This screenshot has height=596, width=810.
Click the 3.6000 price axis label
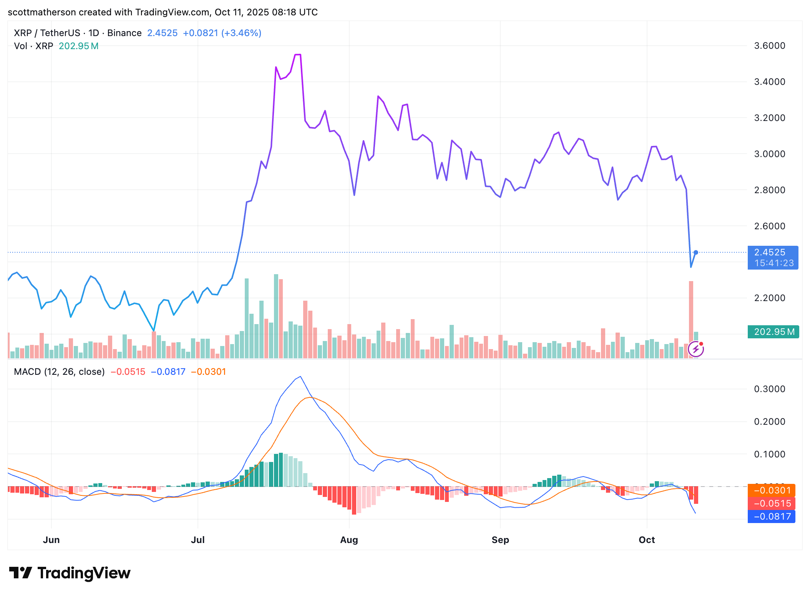pyautogui.click(x=769, y=46)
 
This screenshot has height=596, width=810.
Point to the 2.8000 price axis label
pyautogui.click(x=769, y=190)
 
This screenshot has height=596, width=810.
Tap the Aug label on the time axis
pyautogui.click(x=349, y=540)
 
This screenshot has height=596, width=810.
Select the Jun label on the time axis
pyautogui.click(x=51, y=540)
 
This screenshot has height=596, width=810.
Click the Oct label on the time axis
pyautogui.click(x=646, y=540)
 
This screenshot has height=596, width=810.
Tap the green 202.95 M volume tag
pyautogui.click(x=773, y=332)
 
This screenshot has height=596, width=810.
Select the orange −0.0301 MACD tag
pyautogui.click(x=771, y=490)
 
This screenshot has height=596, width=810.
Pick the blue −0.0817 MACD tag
pyautogui.click(x=771, y=517)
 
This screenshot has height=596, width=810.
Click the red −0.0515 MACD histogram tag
pyautogui.click(x=771, y=503)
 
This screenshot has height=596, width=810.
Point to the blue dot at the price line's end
pyautogui.click(x=695, y=252)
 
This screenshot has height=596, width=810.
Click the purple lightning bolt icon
pyautogui.click(x=695, y=349)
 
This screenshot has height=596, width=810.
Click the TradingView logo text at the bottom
pyautogui.click(x=84, y=573)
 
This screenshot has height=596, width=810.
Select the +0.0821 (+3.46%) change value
pyautogui.click(x=222, y=33)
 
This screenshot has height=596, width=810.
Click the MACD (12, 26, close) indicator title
pyautogui.click(x=59, y=372)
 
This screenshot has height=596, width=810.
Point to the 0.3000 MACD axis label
pyautogui.click(x=769, y=389)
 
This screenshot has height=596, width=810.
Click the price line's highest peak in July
pyautogui.click(x=298, y=55)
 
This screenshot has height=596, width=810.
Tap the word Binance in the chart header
pyautogui.click(x=124, y=33)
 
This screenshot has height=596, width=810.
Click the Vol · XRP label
pyautogui.click(x=33, y=46)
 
